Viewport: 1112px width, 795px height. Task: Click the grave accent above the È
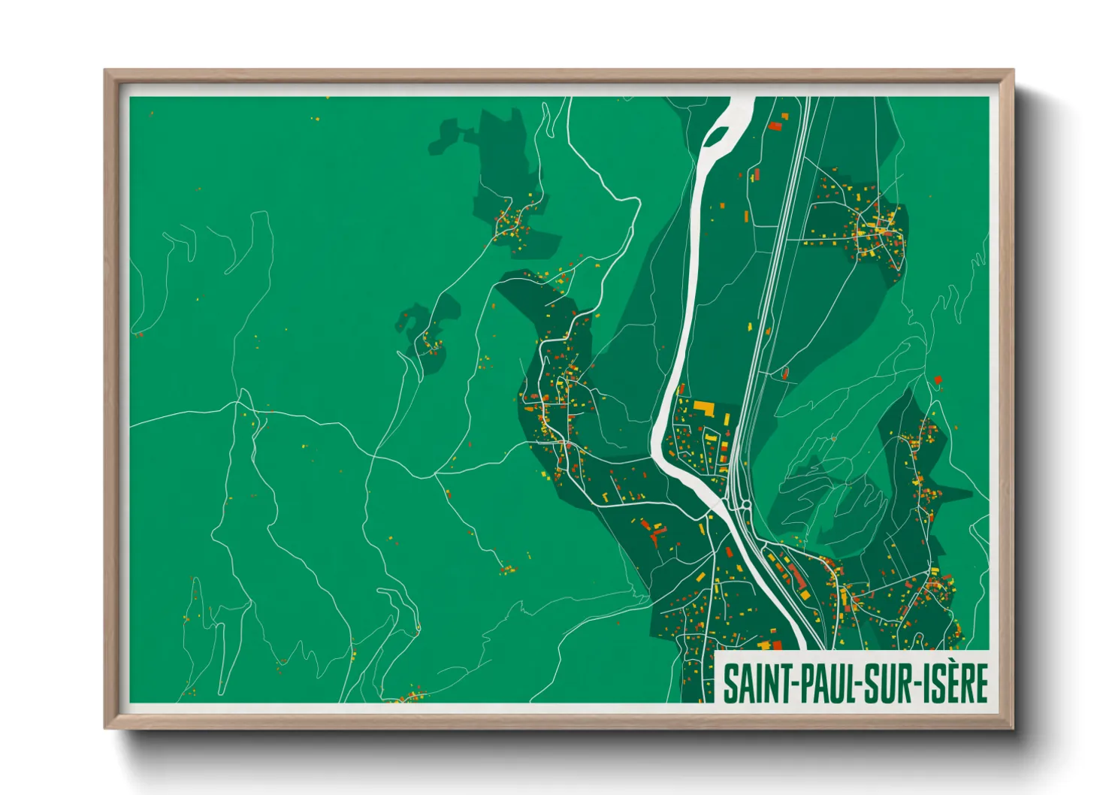(x=962, y=664)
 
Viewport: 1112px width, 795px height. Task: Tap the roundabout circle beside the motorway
(x=747, y=505)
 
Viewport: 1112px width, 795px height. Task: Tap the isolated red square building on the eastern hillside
(x=938, y=380)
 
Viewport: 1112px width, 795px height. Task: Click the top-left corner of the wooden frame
(x=106, y=71)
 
